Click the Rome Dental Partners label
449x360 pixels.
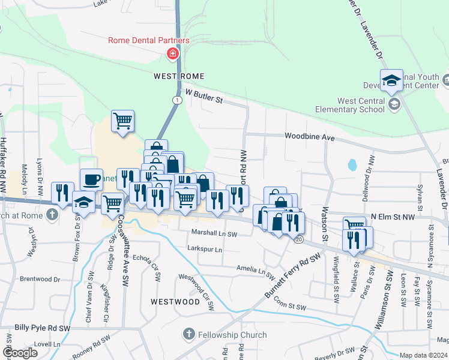coord(149,40)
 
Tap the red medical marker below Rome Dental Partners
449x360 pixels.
coord(173,55)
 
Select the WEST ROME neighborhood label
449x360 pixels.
coord(179,76)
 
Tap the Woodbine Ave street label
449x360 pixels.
coord(310,137)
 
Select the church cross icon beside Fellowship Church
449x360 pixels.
coord(188,334)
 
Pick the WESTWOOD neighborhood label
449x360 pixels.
coord(175,301)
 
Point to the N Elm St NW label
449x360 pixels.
coord(393,217)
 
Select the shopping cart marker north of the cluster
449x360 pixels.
coord(122,121)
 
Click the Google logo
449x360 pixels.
coord(20,353)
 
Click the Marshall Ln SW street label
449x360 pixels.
coord(214,233)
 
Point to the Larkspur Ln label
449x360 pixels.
coord(204,249)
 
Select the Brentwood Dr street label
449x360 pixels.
coord(40,279)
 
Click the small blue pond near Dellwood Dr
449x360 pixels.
coord(352,164)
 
